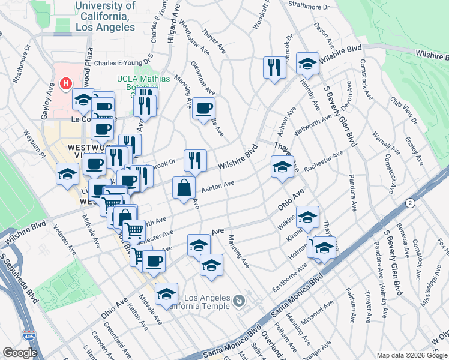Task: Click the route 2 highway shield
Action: tap(410, 202)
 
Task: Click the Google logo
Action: tap(20, 353)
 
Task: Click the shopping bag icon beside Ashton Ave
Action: tap(184, 188)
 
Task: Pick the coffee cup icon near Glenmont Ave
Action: tap(204, 109)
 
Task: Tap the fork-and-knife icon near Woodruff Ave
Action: tap(274, 67)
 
